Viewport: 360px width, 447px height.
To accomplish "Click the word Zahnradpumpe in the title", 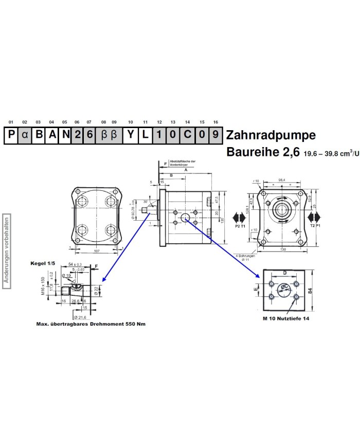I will tap(270, 135).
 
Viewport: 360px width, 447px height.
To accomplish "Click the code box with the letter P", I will tap(11, 135).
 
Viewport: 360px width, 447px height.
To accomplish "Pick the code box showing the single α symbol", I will tap(25, 135).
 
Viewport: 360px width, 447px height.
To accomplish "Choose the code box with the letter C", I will tap(188, 135).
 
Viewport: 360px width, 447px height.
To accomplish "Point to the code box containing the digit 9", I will tap(215, 135).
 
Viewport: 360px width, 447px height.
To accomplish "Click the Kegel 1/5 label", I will tap(43, 264).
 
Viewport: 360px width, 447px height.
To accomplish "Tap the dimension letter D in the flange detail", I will tap(284, 273).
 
